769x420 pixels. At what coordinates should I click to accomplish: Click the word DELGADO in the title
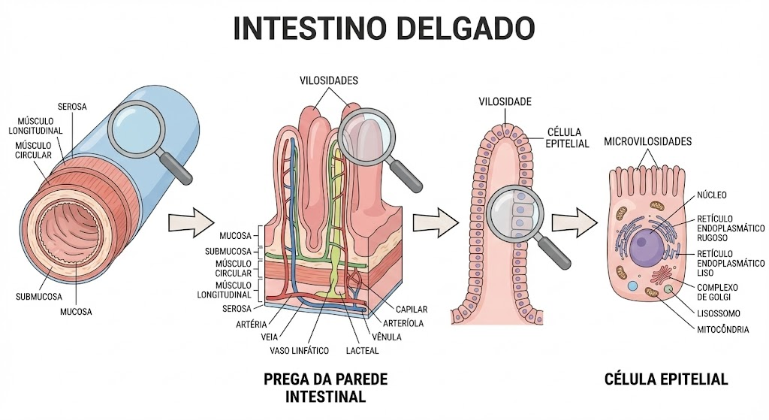click(x=465, y=29)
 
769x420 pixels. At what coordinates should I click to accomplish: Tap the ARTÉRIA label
click(x=251, y=325)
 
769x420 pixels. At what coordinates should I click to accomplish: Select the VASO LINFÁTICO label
click(x=299, y=351)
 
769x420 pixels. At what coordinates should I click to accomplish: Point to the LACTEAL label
click(x=363, y=351)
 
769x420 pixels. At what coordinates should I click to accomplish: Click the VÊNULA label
click(x=387, y=337)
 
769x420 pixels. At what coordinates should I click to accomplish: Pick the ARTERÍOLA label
click(x=403, y=323)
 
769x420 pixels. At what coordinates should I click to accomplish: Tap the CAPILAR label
click(x=412, y=310)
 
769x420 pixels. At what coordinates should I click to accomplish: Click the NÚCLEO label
click(x=712, y=195)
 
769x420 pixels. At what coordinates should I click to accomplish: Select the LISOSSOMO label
click(x=719, y=313)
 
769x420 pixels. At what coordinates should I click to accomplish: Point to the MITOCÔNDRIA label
click(x=723, y=330)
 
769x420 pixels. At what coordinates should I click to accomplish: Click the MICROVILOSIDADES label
click(x=647, y=142)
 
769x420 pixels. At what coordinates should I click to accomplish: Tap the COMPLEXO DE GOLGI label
click(x=717, y=292)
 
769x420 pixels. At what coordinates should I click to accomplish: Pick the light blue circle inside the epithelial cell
click(x=633, y=286)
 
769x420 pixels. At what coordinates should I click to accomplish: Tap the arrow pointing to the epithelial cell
click(x=574, y=222)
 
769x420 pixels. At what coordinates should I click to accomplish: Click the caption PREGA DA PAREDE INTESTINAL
click(x=326, y=388)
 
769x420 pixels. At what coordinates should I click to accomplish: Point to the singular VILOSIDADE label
click(x=505, y=102)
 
